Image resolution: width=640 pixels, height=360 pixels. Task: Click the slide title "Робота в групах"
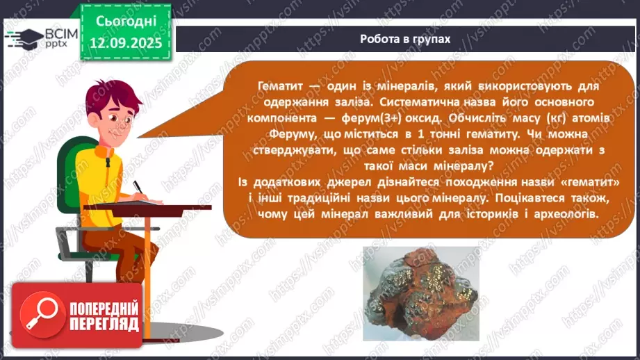pyautogui.click(x=405, y=39)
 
